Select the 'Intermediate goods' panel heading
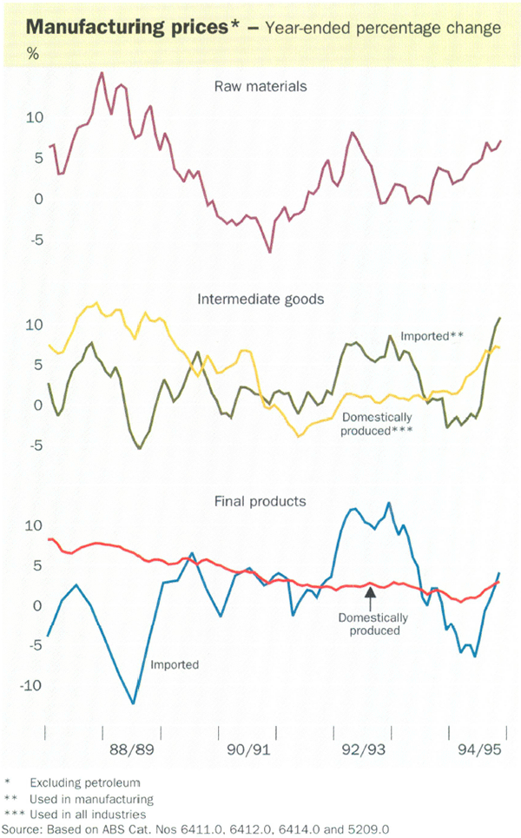[260, 299]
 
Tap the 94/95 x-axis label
[478, 748]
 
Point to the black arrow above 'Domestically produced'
[370, 597]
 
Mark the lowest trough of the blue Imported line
[133, 703]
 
